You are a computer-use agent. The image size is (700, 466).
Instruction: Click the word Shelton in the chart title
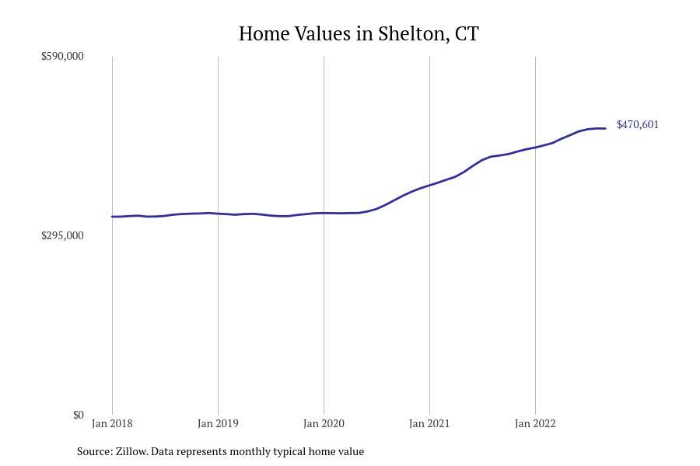click(x=411, y=34)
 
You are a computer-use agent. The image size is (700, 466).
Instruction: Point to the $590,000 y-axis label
click(x=62, y=56)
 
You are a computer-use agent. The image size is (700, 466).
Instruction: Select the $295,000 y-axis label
click(x=62, y=235)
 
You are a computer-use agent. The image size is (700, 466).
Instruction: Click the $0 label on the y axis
click(x=78, y=415)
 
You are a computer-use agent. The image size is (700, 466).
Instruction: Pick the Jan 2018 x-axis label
click(x=112, y=424)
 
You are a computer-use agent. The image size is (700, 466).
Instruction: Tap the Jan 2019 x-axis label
click(x=218, y=424)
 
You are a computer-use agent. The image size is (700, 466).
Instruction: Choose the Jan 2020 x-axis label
click(x=324, y=424)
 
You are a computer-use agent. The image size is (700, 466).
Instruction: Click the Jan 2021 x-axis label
click(x=429, y=424)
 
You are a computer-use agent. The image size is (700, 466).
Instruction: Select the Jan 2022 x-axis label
click(x=535, y=424)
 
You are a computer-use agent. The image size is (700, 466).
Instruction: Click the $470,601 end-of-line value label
click(x=637, y=125)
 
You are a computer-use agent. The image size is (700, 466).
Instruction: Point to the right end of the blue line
click(x=605, y=128)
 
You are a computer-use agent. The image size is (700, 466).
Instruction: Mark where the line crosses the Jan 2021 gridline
click(x=429, y=185)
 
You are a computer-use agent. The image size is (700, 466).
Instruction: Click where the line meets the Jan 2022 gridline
click(x=535, y=147)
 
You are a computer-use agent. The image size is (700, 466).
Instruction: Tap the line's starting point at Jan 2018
click(x=112, y=217)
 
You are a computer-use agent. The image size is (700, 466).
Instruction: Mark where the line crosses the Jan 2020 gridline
click(x=324, y=213)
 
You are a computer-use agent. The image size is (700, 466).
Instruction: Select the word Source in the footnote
click(x=93, y=451)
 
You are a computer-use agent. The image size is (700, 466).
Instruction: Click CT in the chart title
click(x=467, y=34)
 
